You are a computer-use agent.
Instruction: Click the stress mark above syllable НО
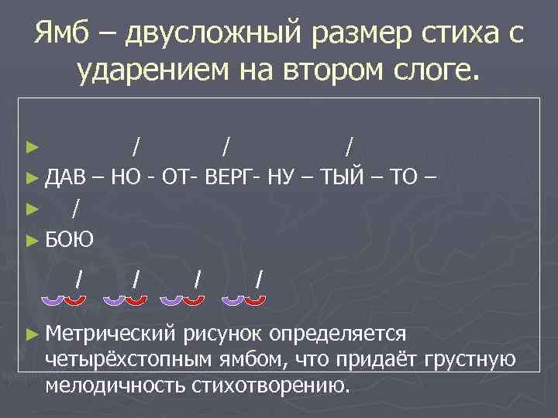(x=137, y=146)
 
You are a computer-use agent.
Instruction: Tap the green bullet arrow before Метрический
(x=31, y=334)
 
